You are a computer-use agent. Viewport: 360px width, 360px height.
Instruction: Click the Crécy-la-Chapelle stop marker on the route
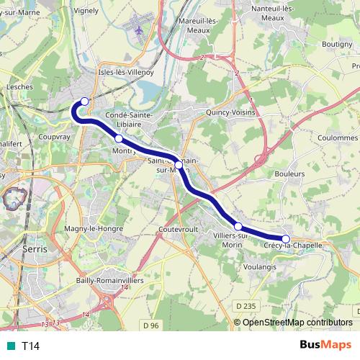click(x=286, y=239)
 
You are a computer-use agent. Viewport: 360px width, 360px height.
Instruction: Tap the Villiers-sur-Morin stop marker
click(x=238, y=226)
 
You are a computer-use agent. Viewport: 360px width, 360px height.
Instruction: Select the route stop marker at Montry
click(x=119, y=138)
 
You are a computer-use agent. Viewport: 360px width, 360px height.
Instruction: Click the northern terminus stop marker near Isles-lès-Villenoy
click(x=85, y=102)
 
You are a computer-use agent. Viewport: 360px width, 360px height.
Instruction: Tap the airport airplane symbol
click(x=140, y=30)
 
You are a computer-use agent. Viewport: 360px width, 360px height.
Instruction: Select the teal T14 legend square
click(x=9, y=346)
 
